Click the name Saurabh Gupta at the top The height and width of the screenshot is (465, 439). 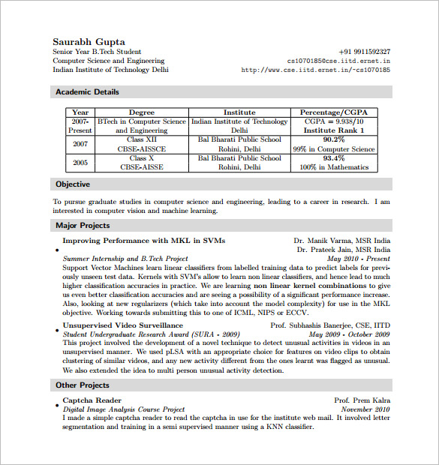pyautogui.click(x=89, y=41)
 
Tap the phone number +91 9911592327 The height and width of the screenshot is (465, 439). pyautogui.click(x=364, y=52)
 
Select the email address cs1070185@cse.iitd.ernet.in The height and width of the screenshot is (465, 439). pyautogui.click(x=338, y=61)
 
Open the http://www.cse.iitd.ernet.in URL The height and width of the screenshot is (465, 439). pyautogui.click(x=315, y=70)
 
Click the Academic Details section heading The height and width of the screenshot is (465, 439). pyautogui.click(x=87, y=92)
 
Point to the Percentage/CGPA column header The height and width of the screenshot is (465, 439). pyautogui.click(x=334, y=112)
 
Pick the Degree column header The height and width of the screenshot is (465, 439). pyautogui.click(x=142, y=112)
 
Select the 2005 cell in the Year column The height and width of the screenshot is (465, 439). pyautogui.click(x=80, y=163)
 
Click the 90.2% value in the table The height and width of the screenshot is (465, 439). pyautogui.click(x=334, y=139)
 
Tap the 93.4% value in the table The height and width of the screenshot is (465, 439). pyautogui.click(x=334, y=158)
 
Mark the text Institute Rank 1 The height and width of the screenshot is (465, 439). pyautogui.click(x=334, y=130)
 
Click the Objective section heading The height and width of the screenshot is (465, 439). pyautogui.click(x=73, y=184)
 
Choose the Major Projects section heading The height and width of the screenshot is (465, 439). pyautogui.click(x=83, y=225)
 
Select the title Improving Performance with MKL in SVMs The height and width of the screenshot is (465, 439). pyautogui.click(x=143, y=241)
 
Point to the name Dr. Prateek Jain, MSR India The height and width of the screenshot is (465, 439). pyautogui.click(x=343, y=250)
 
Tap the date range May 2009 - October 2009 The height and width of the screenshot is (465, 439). pyautogui.click(x=348, y=334)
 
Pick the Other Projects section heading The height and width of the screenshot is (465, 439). pyautogui.click(x=83, y=385)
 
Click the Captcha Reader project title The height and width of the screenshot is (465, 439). pyautogui.click(x=92, y=400)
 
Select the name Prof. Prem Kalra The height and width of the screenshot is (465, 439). pyautogui.click(x=362, y=400)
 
